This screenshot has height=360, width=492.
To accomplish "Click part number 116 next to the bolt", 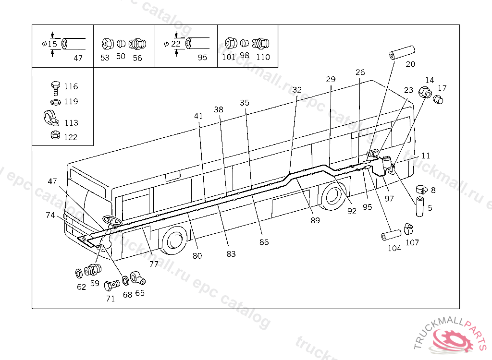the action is pos(71,86).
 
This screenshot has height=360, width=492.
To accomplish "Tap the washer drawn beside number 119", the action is pos(56,102).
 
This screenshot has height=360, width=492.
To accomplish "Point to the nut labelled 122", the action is pos(55,135).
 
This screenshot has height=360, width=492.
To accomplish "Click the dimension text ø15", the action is pos(49,44).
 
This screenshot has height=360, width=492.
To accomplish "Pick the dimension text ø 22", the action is pos(172,44).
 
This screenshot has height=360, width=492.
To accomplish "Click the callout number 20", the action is pos(410,64).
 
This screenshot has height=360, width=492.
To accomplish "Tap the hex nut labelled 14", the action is pos(425,92).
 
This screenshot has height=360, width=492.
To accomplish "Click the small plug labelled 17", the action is pos(438,100).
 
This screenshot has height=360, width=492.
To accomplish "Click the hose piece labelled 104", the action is pos(391,235).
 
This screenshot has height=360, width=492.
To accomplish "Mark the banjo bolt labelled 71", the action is pos(111,286).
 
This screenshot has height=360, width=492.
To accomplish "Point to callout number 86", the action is pos(264,242).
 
